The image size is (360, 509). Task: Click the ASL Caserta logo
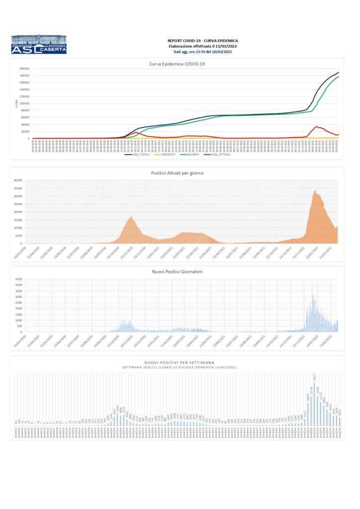38,44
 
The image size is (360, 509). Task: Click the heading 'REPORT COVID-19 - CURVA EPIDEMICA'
202,40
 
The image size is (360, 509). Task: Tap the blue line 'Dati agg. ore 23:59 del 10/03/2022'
202,51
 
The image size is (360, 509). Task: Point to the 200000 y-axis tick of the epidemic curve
24,69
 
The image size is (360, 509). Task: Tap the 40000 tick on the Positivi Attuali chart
18,180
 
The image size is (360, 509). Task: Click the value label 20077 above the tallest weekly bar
314,378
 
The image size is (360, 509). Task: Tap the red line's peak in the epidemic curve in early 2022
316,126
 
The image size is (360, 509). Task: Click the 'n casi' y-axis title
16,103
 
